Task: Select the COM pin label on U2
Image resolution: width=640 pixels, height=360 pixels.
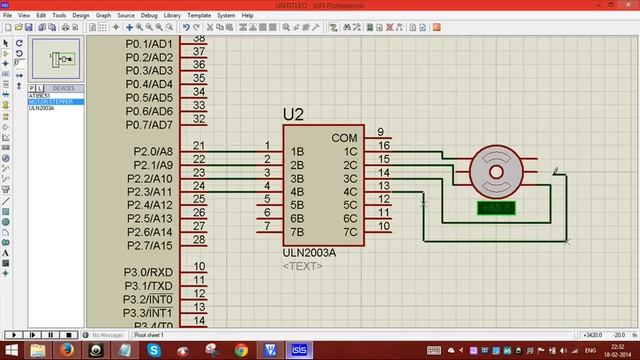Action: (x=344, y=138)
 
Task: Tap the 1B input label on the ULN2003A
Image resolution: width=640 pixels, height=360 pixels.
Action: (x=297, y=152)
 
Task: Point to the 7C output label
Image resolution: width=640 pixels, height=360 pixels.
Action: (x=350, y=232)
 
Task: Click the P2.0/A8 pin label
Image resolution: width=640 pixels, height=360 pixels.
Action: (x=153, y=152)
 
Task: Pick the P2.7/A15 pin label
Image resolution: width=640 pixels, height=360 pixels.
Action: (x=153, y=245)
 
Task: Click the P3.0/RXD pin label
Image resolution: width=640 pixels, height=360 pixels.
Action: (x=148, y=272)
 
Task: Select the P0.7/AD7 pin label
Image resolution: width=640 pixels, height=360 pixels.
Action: (x=150, y=124)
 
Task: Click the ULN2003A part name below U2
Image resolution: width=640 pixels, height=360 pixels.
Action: (x=310, y=254)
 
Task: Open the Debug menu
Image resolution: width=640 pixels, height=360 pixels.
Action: (x=150, y=16)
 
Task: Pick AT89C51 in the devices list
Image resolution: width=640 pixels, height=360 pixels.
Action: (x=42, y=95)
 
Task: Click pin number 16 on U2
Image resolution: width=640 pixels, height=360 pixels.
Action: (x=383, y=146)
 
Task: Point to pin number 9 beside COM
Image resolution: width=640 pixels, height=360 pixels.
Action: (x=381, y=132)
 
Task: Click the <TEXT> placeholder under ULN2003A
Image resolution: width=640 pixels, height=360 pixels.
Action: (x=303, y=267)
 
